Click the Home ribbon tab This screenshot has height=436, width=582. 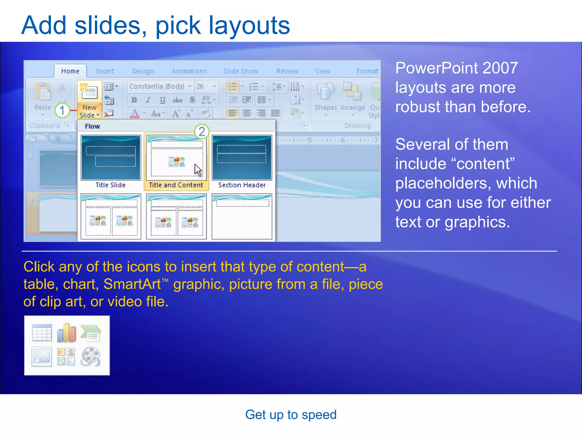coord(70,71)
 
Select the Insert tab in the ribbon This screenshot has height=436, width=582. coord(105,71)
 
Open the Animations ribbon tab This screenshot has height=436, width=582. coord(189,71)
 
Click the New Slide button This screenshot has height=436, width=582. coord(89,99)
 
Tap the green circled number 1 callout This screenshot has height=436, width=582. coord(62,110)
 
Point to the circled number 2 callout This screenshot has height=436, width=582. coord(202,131)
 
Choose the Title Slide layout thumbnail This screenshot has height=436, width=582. coord(111,158)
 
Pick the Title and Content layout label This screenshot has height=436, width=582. coord(176,185)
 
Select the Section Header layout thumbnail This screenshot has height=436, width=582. coord(242,158)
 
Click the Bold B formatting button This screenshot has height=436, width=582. coord(134,100)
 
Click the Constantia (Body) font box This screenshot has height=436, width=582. coord(157,86)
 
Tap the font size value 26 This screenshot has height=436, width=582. coord(200,86)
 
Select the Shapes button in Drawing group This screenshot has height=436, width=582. coord(326,97)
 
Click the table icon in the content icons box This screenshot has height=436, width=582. coord(42,332)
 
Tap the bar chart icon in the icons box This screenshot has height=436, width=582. coord(66,333)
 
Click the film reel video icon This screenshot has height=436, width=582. coord(91,357)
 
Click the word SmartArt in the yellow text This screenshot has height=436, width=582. coord(132,284)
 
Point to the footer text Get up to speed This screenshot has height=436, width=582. coord(291,415)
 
